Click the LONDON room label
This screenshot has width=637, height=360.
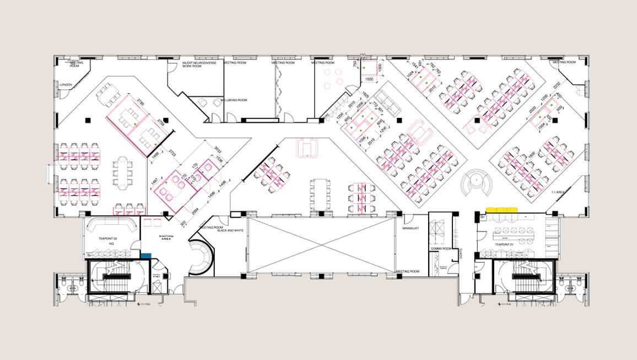[x=66, y=85]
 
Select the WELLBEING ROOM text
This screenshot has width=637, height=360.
[x=234, y=100]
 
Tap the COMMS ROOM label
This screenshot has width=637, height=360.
[x=441, y=249]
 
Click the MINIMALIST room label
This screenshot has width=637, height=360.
[x=412, y=228]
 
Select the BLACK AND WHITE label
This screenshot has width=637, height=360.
[x=230, y=230]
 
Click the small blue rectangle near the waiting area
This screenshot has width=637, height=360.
[x=145, y=255]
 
